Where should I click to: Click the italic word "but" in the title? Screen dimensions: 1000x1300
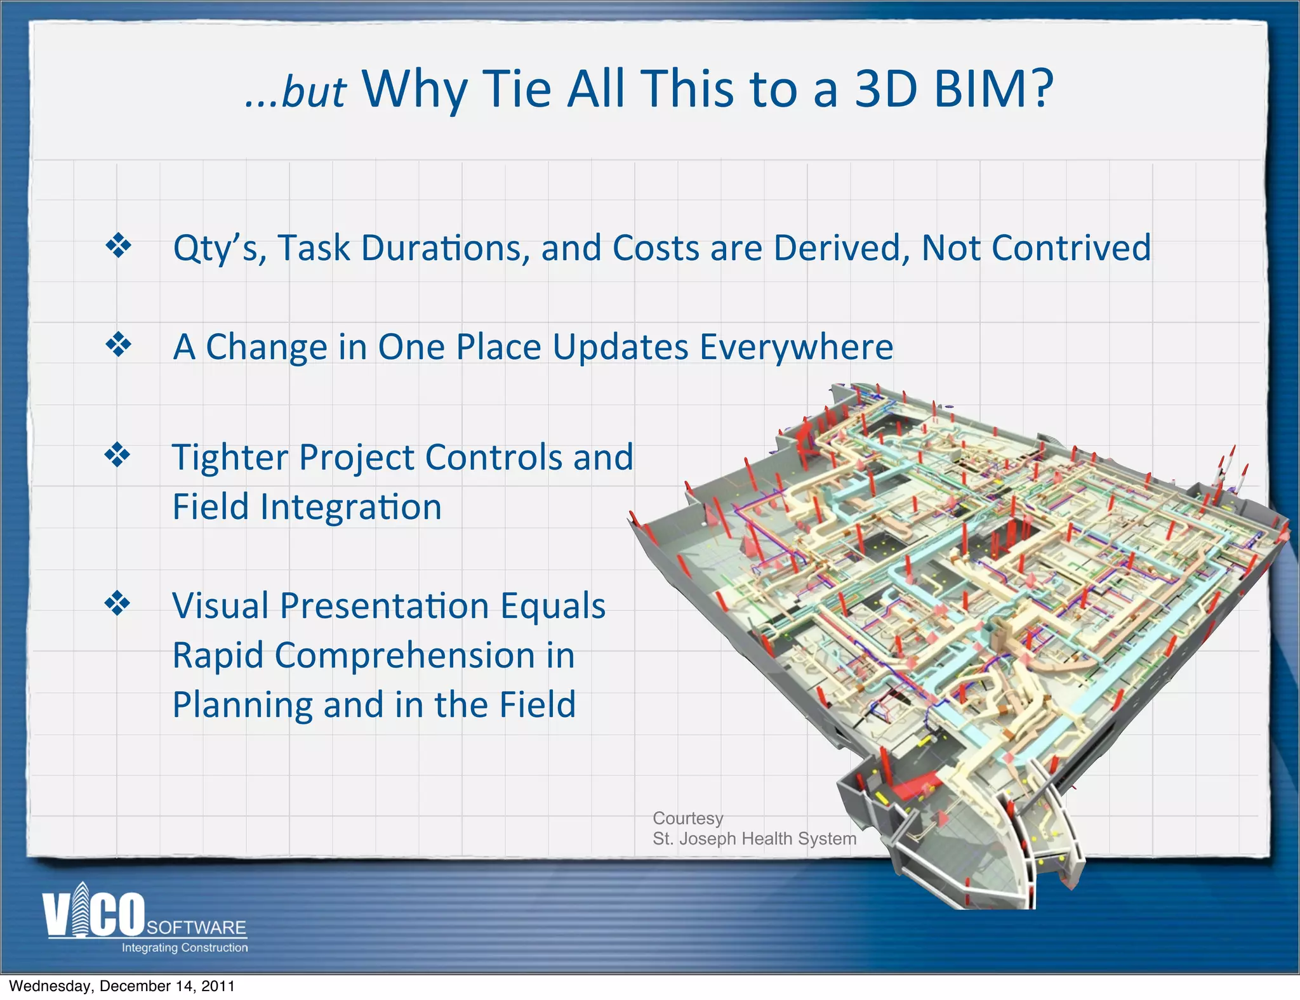pyautogui.click(x=314, y=93)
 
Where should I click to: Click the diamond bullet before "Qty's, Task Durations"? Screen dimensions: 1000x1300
pyautogui.click(x=119, y=246)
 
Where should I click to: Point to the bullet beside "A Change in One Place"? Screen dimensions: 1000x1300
pyautogui.click(x=119, y=345)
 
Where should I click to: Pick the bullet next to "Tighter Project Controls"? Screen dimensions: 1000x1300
pyautogui.click(x=118, y=455)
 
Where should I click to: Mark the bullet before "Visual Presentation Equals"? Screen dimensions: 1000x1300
pyautogui.click(x=118, y=603)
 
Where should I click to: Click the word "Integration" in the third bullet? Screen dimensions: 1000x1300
pyautogui.click(x=351, y=507)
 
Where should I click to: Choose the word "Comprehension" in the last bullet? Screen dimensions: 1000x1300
pyautogui.click(x=405, y=655)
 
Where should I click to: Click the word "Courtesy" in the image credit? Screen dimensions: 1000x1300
pyautogui.click(x=687, y=819)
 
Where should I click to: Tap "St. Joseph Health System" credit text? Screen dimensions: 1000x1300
pyautogui.click(x=754, y=839)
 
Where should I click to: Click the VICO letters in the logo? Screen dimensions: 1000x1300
pyautogui.click(x=94, y=914)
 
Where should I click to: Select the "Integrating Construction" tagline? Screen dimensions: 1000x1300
pyautogui.click(x=185, y=948)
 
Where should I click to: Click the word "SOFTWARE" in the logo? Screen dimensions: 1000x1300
pyautogui.click(x=196, y=928)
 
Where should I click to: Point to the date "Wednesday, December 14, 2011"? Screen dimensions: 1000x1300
pyautogui.click(x=122, y=986)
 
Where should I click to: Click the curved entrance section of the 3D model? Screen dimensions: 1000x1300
pyautogui.click(x=990, y=844)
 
